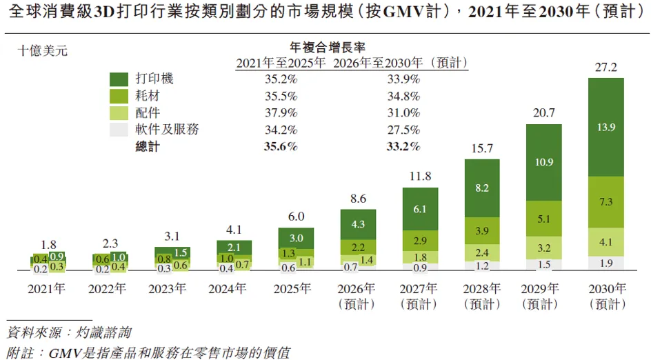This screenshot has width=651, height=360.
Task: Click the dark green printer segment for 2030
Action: [605, 127]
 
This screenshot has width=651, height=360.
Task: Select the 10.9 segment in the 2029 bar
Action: [544, 162]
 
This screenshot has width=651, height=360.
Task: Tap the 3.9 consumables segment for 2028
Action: [482, 230]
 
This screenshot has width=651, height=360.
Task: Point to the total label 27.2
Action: [605, 67]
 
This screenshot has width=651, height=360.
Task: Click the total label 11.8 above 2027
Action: [420, 177]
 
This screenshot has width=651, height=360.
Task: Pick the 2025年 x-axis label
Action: [292, 288]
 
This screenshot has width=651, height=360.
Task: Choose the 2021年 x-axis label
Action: [46, 288]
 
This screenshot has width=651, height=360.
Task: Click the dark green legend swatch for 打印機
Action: [119, 79]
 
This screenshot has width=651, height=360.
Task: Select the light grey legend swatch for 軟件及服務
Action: [119, 130]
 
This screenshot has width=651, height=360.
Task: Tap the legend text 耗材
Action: [148, 95]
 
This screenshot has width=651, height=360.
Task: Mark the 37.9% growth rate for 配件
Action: [281, 113]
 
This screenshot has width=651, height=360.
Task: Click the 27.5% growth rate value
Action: [403, 130]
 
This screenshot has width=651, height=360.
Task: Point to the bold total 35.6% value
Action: [281, 147]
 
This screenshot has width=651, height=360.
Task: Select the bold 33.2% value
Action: [403, 147]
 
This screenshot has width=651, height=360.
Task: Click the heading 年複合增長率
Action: [328, 48]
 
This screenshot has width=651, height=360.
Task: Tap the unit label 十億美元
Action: [42, 51]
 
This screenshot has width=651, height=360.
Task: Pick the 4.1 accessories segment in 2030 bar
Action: [605, 242]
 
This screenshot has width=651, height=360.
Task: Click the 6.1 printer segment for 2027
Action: [420, 209]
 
